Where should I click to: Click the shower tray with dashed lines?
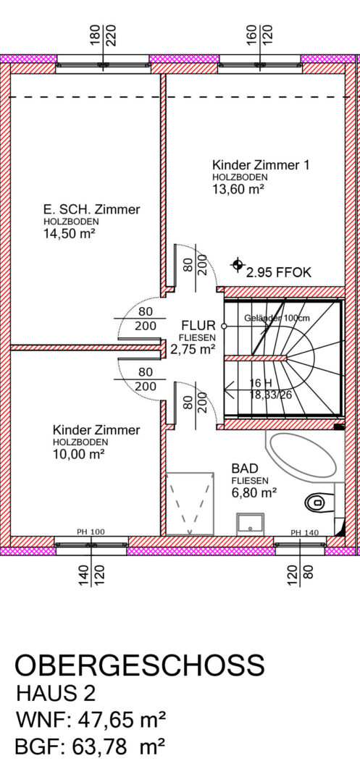tap(190, 503)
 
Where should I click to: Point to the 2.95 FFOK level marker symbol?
tap(238, 265)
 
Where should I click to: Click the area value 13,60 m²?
tap(238, 189)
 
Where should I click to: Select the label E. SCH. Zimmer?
tap(92, 210)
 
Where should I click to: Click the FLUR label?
tap(198, 326)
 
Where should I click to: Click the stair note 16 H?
tap(260, 382)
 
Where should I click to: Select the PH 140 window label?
tap(304, 532)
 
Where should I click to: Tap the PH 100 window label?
tap(91, 532)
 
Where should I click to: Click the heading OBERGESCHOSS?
tap(140, 666)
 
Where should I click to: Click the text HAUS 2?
tap(55, 694)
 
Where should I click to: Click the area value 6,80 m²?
tap(254, 493)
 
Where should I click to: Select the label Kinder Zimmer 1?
tap(260, 165)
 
